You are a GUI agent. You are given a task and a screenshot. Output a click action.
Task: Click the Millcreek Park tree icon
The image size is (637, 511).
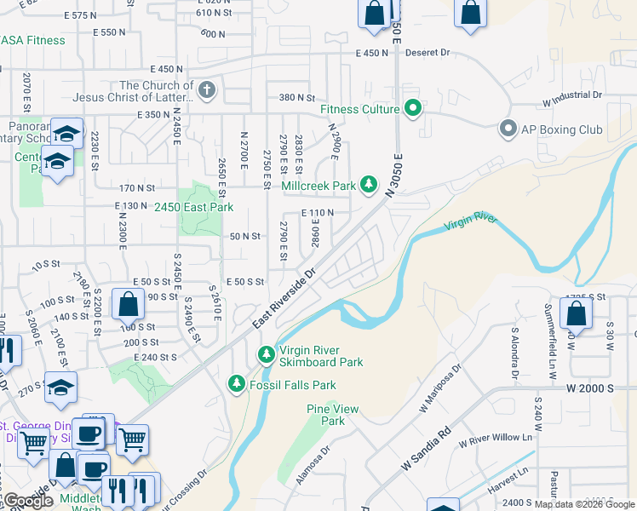click(x=369, y=185)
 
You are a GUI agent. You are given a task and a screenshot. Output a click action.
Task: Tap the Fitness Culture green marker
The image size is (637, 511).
click(x=413, y=109)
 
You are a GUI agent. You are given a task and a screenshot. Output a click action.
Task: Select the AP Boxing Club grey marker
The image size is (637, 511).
click(x=508, y=129)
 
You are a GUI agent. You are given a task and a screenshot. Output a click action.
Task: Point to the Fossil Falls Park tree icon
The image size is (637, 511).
click(x=237, y=385)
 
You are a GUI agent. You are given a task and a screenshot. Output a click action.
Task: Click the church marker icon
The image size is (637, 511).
click(x=206, y=89)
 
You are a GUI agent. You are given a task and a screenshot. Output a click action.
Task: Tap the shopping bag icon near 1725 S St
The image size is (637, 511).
click(x=577, y=313)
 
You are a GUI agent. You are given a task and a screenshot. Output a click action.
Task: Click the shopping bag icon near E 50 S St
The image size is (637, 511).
click(x=128, y=304)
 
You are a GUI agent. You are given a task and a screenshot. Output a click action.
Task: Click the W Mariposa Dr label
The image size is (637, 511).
click(x=439, y=389)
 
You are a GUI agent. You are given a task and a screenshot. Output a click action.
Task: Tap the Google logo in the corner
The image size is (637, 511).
click(x=27, y=501)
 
